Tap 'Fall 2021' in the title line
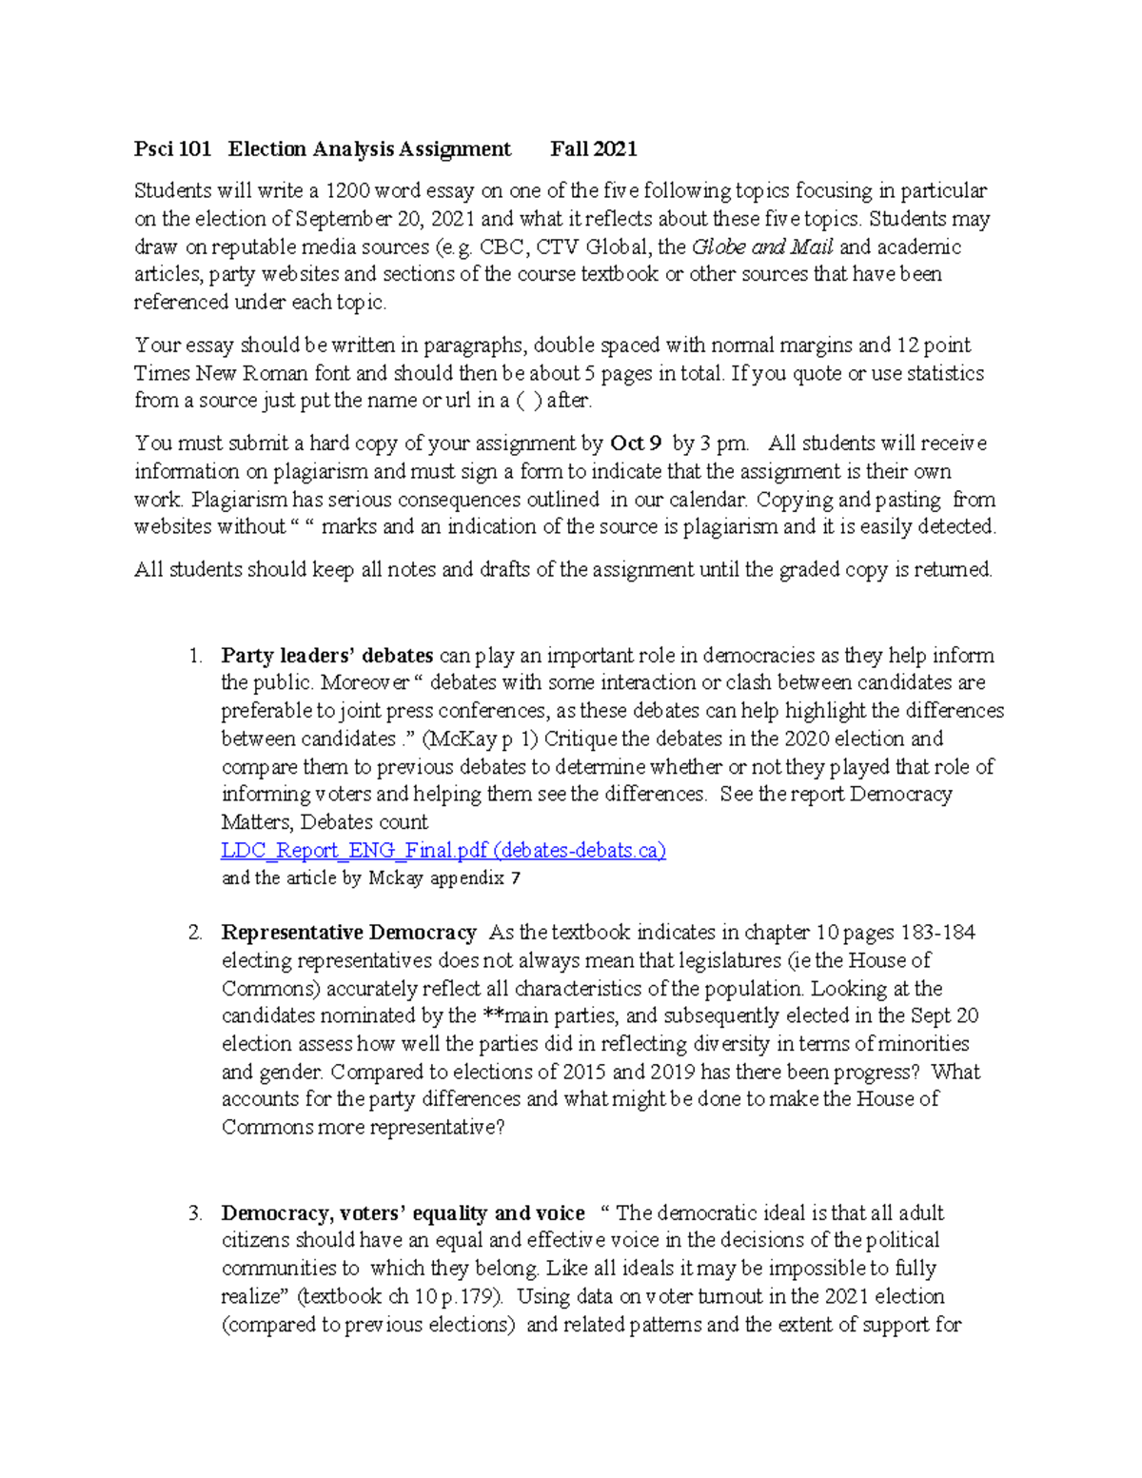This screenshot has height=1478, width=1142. pos(594,149)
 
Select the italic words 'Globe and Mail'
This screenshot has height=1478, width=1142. pos(762,247)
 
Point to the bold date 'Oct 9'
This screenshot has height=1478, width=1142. pos(636,443)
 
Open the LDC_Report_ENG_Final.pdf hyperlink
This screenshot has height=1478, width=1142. pos(443,851)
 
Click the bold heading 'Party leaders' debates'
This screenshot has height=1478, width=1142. pos(327,656)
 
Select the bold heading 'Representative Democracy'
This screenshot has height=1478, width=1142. pos(348,933)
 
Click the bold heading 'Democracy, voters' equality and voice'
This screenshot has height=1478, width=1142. pos(403,1213)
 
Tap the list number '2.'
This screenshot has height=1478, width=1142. pos(195,933)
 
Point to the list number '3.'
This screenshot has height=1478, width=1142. pos(195,1213)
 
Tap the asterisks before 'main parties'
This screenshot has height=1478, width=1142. pos(490,1016)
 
